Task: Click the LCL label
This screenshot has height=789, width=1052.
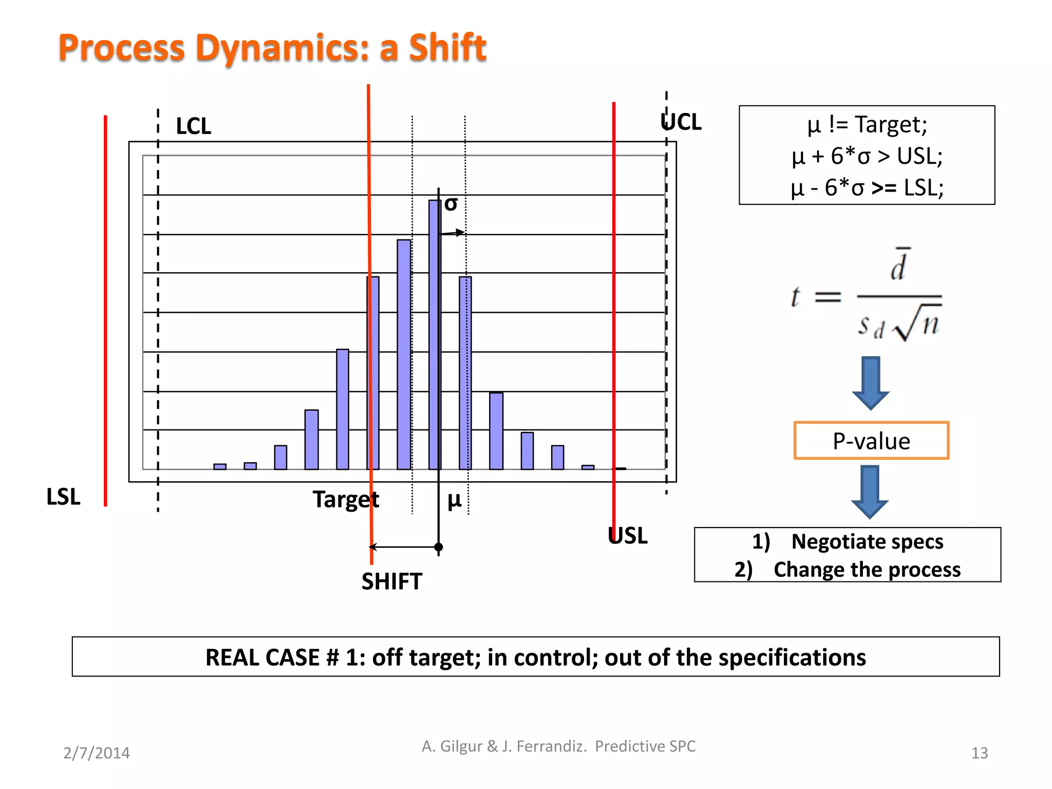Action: (193, 126)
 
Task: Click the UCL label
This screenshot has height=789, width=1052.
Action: (681, 122)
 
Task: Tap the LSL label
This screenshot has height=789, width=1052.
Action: (63, 497)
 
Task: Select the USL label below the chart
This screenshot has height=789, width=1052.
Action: (627, 536)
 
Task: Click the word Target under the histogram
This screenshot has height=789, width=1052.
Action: (346, 499)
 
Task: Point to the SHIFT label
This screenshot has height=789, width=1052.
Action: (391, 581)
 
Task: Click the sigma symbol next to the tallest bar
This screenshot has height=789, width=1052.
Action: (451, 204)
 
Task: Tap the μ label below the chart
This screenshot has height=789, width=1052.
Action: (454, 499)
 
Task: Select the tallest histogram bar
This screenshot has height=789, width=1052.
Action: (435, 334)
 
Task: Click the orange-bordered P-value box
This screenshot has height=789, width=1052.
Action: (871, 441)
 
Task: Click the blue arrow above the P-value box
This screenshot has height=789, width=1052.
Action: (871, 383)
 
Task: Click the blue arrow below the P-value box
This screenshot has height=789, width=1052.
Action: (870, 492)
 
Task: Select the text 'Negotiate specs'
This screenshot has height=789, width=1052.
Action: (867, 542)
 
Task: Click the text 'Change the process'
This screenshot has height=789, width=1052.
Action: (867, 570)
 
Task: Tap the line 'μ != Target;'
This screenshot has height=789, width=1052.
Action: (867, 125)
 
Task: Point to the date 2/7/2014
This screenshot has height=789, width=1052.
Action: (97, 753)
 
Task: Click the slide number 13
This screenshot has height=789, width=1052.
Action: (979, 753)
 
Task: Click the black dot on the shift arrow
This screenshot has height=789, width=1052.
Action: (438, 547)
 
